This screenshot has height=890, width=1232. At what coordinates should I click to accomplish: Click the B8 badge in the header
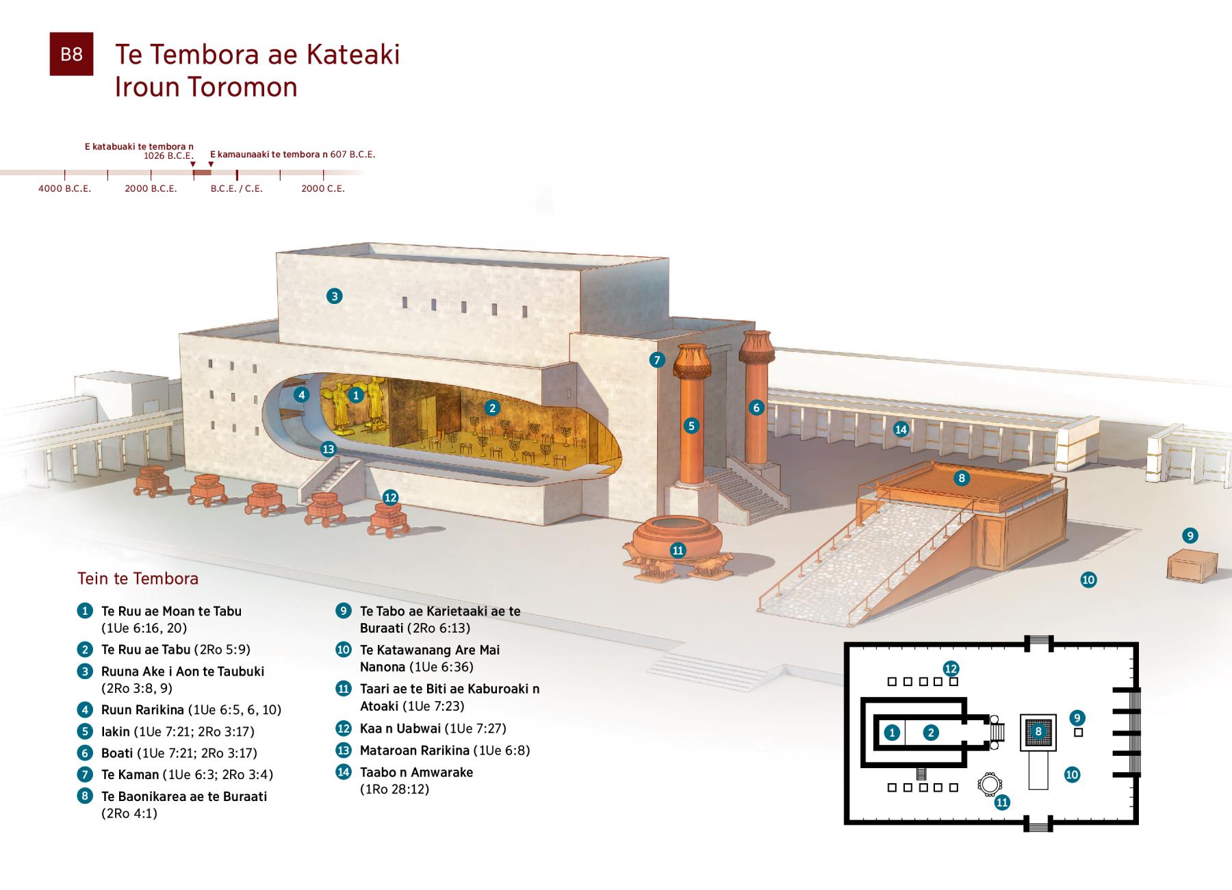click(71, 54)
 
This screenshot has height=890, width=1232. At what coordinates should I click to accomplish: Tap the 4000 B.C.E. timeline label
click(64, 188)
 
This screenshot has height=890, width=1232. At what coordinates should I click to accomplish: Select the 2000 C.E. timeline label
click(323, 188)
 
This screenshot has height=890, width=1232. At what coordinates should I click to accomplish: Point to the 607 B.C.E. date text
click(352, 155)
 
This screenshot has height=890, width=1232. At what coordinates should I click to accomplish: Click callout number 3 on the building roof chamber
click(334, 296)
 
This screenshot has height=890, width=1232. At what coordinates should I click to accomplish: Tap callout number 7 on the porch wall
click(657, 360)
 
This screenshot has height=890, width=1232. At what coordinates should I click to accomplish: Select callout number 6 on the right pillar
click(756, 407)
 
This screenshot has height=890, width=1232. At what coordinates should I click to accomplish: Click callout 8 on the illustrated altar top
click(962, 478)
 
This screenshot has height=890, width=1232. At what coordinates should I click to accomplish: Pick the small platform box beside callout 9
click(1192, 565)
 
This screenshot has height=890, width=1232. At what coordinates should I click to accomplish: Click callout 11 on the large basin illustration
click(678, 550)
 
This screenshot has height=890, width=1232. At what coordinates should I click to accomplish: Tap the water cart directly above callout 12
click(390, 519)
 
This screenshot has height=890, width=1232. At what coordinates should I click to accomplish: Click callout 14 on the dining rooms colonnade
click(901, 429)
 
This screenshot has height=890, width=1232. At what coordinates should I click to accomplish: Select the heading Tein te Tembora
click(138, 578)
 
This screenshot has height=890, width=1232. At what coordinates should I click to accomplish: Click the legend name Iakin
click(115, 731)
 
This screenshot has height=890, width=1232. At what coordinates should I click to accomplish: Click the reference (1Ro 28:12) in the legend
click(394, 789)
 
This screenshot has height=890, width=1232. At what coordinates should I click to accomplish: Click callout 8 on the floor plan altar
click(1038, 731)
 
